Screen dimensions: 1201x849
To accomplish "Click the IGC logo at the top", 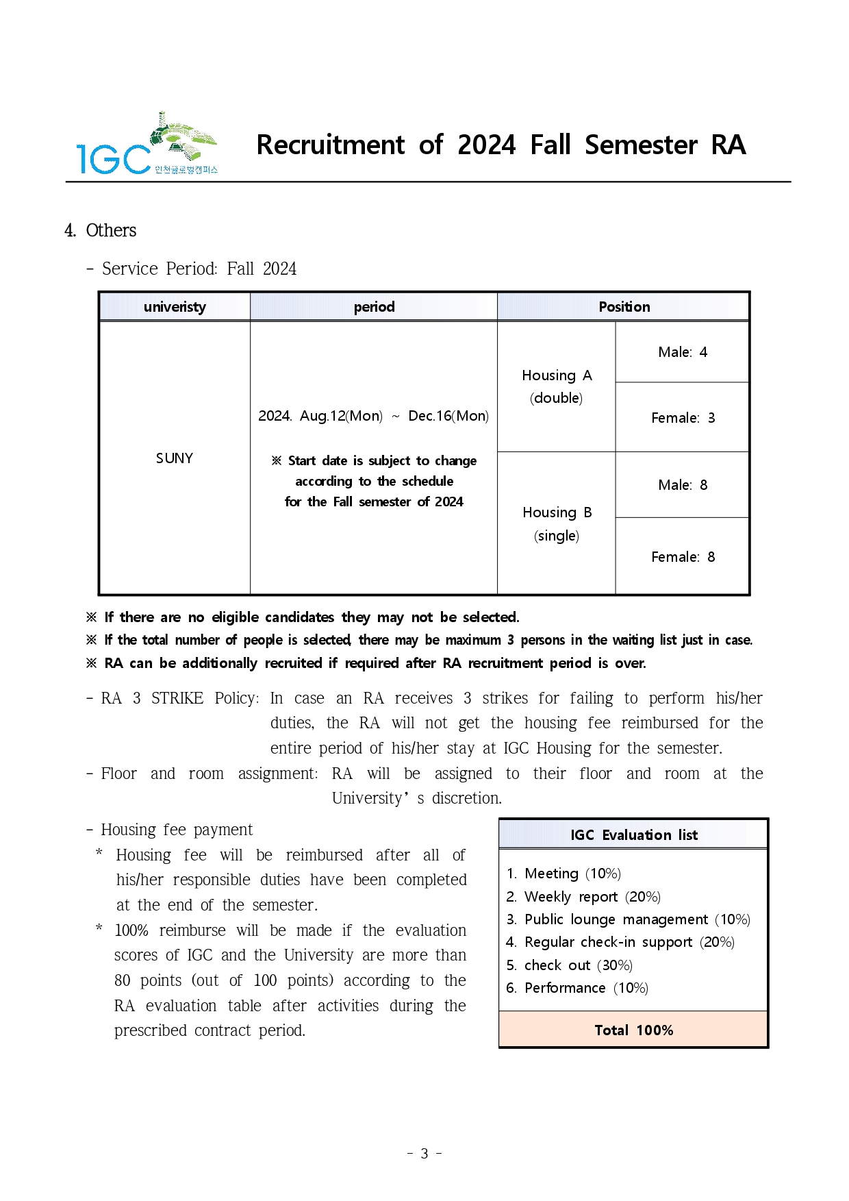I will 147,144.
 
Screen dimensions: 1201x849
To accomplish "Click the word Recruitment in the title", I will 331,145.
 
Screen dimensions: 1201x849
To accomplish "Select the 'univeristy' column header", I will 175,307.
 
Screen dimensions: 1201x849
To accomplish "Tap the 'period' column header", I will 374,307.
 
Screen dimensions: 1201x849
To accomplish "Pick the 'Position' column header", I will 624,307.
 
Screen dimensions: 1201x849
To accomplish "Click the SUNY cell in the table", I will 175,458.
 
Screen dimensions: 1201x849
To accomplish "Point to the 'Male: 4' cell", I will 683,352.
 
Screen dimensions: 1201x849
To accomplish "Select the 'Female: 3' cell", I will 683,418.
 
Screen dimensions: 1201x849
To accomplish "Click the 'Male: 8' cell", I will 683,485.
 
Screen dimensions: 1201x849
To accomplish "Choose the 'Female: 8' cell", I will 683,557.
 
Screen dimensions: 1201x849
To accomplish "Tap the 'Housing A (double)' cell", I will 557,386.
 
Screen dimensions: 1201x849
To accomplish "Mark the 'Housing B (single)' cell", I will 557,523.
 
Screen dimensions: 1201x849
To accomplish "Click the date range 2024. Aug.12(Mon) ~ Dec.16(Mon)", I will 373,416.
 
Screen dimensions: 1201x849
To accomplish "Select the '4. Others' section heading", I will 101,230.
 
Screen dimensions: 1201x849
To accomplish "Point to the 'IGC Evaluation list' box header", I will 633,834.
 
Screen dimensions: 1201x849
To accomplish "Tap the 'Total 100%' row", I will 633,1030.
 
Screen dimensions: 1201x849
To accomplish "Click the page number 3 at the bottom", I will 424,1154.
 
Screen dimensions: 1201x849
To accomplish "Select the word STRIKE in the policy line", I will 177,698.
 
